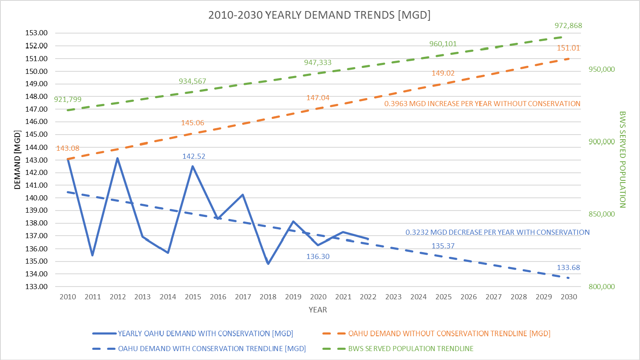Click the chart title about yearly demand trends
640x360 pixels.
click(x=319, y=15)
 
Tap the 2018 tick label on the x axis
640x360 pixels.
click(x=268, y=297)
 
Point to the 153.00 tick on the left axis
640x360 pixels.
click(x=37, y=33)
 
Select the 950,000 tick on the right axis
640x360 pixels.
click(x=601, y=70)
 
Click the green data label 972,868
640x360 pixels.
click(x=568, y=26)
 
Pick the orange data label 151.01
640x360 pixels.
click(x=568, y=48)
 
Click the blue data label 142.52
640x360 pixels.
click(x=194, y=156)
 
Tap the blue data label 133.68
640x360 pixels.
click(x=568, y=267)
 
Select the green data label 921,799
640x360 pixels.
click(x=68, y=99)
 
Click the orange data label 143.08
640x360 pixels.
click(x=68, y=148)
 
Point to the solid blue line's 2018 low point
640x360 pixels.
click(x=268, y=264)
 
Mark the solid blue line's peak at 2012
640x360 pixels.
click(x=118, y=158)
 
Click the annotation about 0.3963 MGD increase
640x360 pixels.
click(x=482, y=104)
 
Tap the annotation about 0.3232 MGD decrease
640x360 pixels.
click(x=497, y=232)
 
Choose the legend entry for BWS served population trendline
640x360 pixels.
click(x=410, y=349)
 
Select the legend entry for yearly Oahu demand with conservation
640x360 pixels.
click(x=205, y=334)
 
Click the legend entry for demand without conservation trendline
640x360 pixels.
click(x=449, y=334)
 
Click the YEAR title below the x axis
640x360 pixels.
click(x=318, y=310)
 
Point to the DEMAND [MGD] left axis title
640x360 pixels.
click(x=17, y=160)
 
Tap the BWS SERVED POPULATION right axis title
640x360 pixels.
click(x=622, y=160)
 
